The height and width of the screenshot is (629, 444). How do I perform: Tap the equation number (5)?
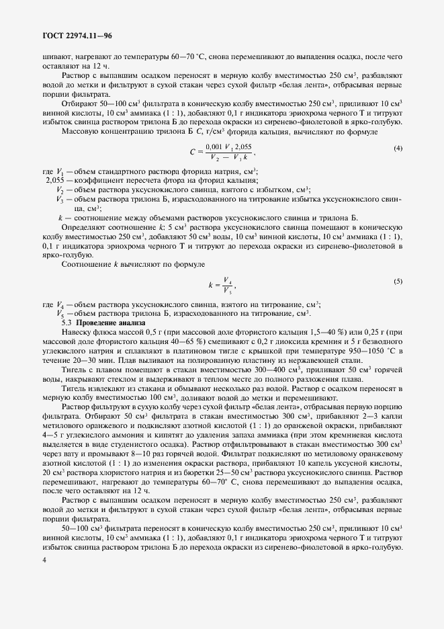pos(398,281)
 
